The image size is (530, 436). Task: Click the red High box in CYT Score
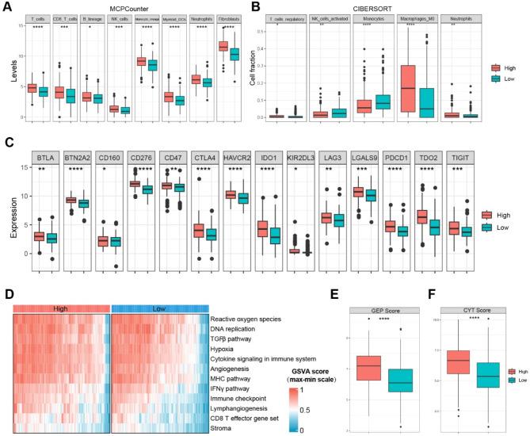[x=460, y=361]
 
